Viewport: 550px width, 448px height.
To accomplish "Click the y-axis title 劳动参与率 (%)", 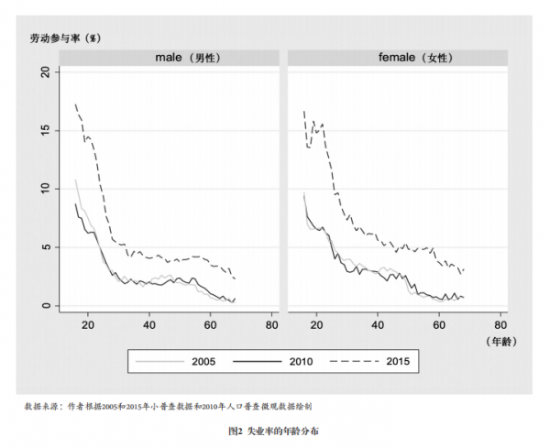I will (x=64, y=38).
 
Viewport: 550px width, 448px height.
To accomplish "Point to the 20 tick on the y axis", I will (x=47, y=71).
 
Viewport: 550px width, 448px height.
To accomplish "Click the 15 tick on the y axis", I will (x=47, y=130).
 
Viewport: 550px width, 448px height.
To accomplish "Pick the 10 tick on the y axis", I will (x=47, y=189).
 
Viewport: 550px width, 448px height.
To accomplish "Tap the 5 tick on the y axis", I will (x=47, y=247).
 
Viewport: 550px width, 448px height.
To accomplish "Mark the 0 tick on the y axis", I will (x=47, y=306).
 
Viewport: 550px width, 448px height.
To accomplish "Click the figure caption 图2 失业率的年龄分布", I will (x=274, y=429).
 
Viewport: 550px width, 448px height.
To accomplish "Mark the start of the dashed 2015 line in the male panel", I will (x=75, y=104).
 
